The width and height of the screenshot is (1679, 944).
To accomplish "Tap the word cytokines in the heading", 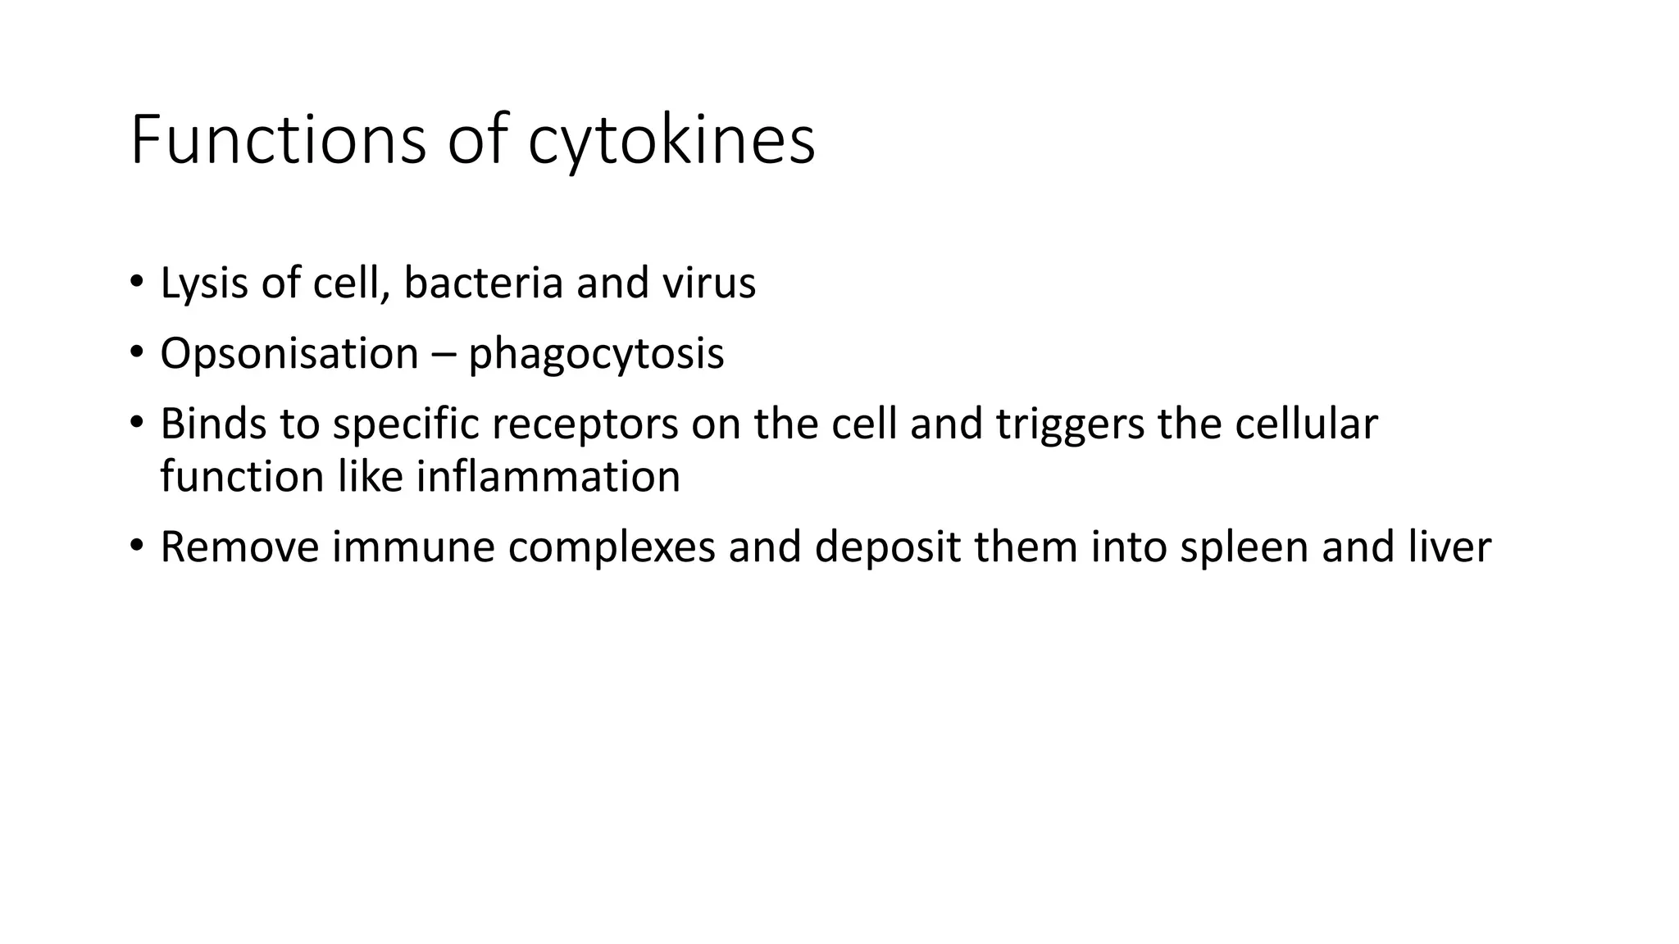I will tap(671, 141).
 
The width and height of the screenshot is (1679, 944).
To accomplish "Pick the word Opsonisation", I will tap(289, 354).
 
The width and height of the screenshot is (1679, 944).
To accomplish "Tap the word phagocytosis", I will tap(596, 354).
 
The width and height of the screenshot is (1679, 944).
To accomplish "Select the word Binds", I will tap(212, 424).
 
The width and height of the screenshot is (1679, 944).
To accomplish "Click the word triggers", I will tap(1070, 424).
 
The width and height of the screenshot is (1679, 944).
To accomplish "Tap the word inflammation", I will tap(548, 477).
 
